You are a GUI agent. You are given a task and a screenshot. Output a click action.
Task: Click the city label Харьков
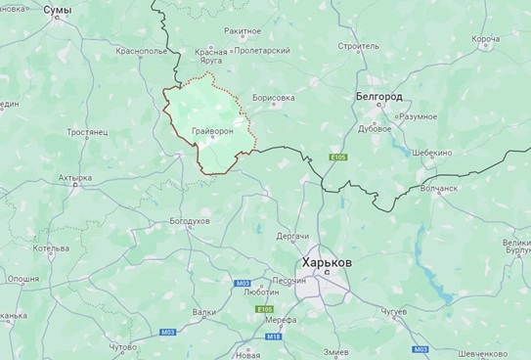tap(326, 265)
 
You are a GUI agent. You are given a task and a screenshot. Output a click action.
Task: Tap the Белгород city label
tap(377, 98)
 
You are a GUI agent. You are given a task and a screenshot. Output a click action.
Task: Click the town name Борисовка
tap(273, 98)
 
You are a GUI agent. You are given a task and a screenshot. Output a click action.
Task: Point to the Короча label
tap(485, 39)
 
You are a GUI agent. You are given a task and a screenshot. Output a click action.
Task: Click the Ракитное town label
tap(243, 32)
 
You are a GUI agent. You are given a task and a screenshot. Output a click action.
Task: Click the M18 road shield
tap(274, 337)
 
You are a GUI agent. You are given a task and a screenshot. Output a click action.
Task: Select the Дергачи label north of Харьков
tap(292, 237)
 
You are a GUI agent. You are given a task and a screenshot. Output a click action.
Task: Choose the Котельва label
tap(51, 248)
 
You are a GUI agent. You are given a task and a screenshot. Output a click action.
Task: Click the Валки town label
tap(204, 312)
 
